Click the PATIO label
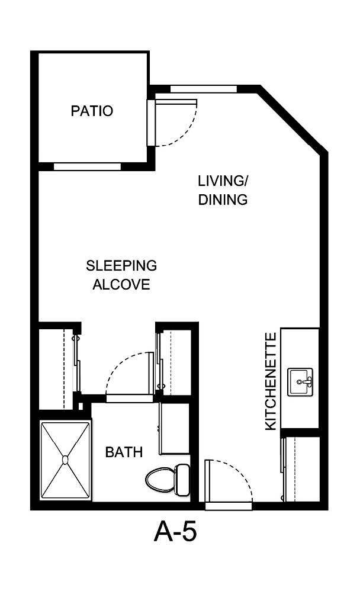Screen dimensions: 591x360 point(92,111)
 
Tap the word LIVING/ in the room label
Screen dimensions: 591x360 point(222,180)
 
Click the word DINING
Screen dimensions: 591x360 point(223,200)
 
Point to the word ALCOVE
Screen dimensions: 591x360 point(121,284)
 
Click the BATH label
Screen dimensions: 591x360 point(124,452)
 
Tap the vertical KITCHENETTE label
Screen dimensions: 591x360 point(271,381)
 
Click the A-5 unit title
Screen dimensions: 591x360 point(175,532)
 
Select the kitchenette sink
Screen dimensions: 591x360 point(300,382)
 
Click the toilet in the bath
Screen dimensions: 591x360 point(167,478)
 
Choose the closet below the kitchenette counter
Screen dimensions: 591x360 point(301,468)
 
